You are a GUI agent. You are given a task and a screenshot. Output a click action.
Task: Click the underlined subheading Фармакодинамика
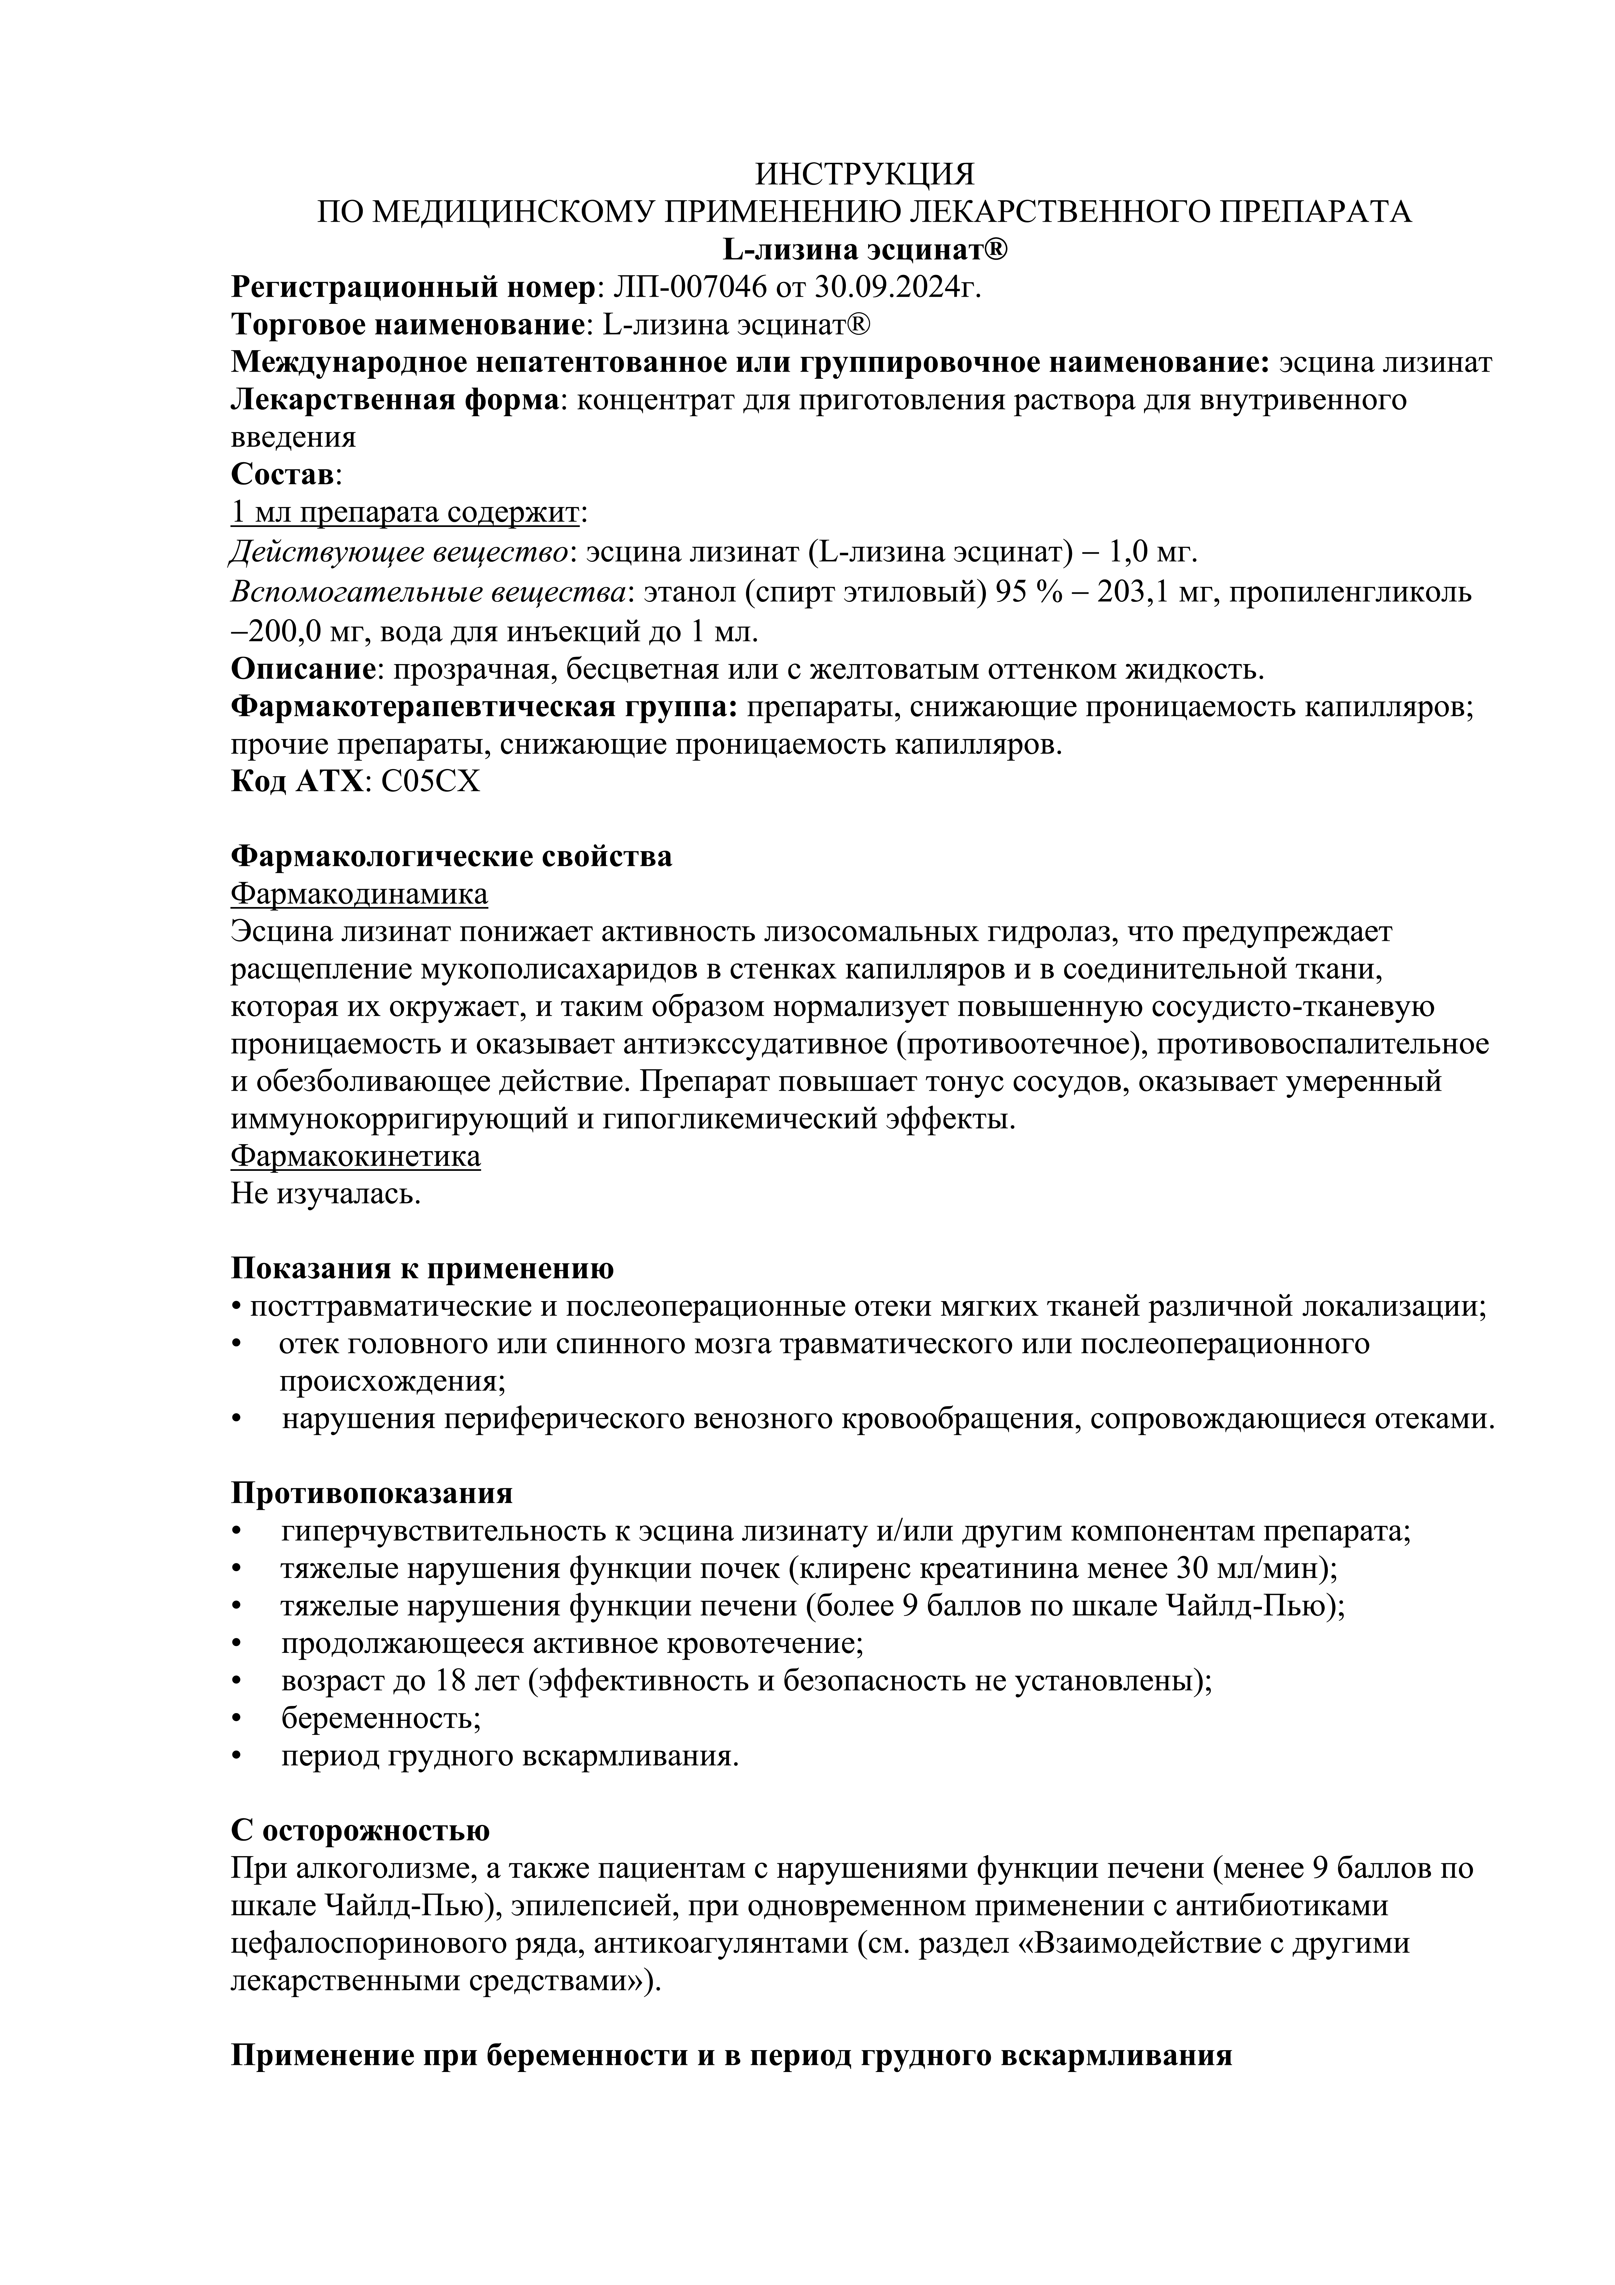(359, 894)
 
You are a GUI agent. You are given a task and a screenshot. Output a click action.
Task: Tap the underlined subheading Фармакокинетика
(355, 1157)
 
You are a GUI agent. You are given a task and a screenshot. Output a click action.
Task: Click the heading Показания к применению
(422, 1269)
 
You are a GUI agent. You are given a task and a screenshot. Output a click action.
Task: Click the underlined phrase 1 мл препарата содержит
(405, 513)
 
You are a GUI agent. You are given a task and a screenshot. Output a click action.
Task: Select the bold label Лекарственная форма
(393, 400)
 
